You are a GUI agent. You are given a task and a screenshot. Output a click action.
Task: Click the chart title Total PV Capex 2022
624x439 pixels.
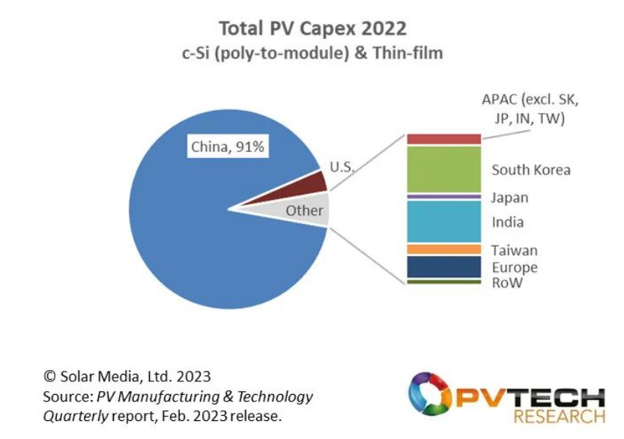312,28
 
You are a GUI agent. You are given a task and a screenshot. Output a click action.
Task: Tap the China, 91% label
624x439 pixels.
227,147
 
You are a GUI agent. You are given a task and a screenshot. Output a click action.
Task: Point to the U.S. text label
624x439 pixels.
342,167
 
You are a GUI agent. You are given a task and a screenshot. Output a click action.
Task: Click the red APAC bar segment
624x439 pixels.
443,139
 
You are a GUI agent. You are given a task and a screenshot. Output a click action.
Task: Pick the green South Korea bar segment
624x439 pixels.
443,169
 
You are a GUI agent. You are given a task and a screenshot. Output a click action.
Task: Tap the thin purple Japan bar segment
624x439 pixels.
443,196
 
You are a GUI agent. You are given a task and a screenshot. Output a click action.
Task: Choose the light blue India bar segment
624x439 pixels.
443,221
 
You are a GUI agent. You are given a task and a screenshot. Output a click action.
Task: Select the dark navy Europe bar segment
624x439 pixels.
443,267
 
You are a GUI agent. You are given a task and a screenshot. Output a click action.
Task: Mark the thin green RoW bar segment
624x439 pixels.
443,282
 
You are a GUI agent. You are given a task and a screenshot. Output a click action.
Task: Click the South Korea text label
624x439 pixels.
530,170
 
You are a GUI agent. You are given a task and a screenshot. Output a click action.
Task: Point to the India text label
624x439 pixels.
507,222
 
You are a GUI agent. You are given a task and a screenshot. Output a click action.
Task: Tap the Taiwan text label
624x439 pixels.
514,250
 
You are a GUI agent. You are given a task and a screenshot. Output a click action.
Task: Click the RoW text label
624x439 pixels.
506,282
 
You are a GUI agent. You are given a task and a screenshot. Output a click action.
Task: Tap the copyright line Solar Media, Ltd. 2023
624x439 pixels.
126,376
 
